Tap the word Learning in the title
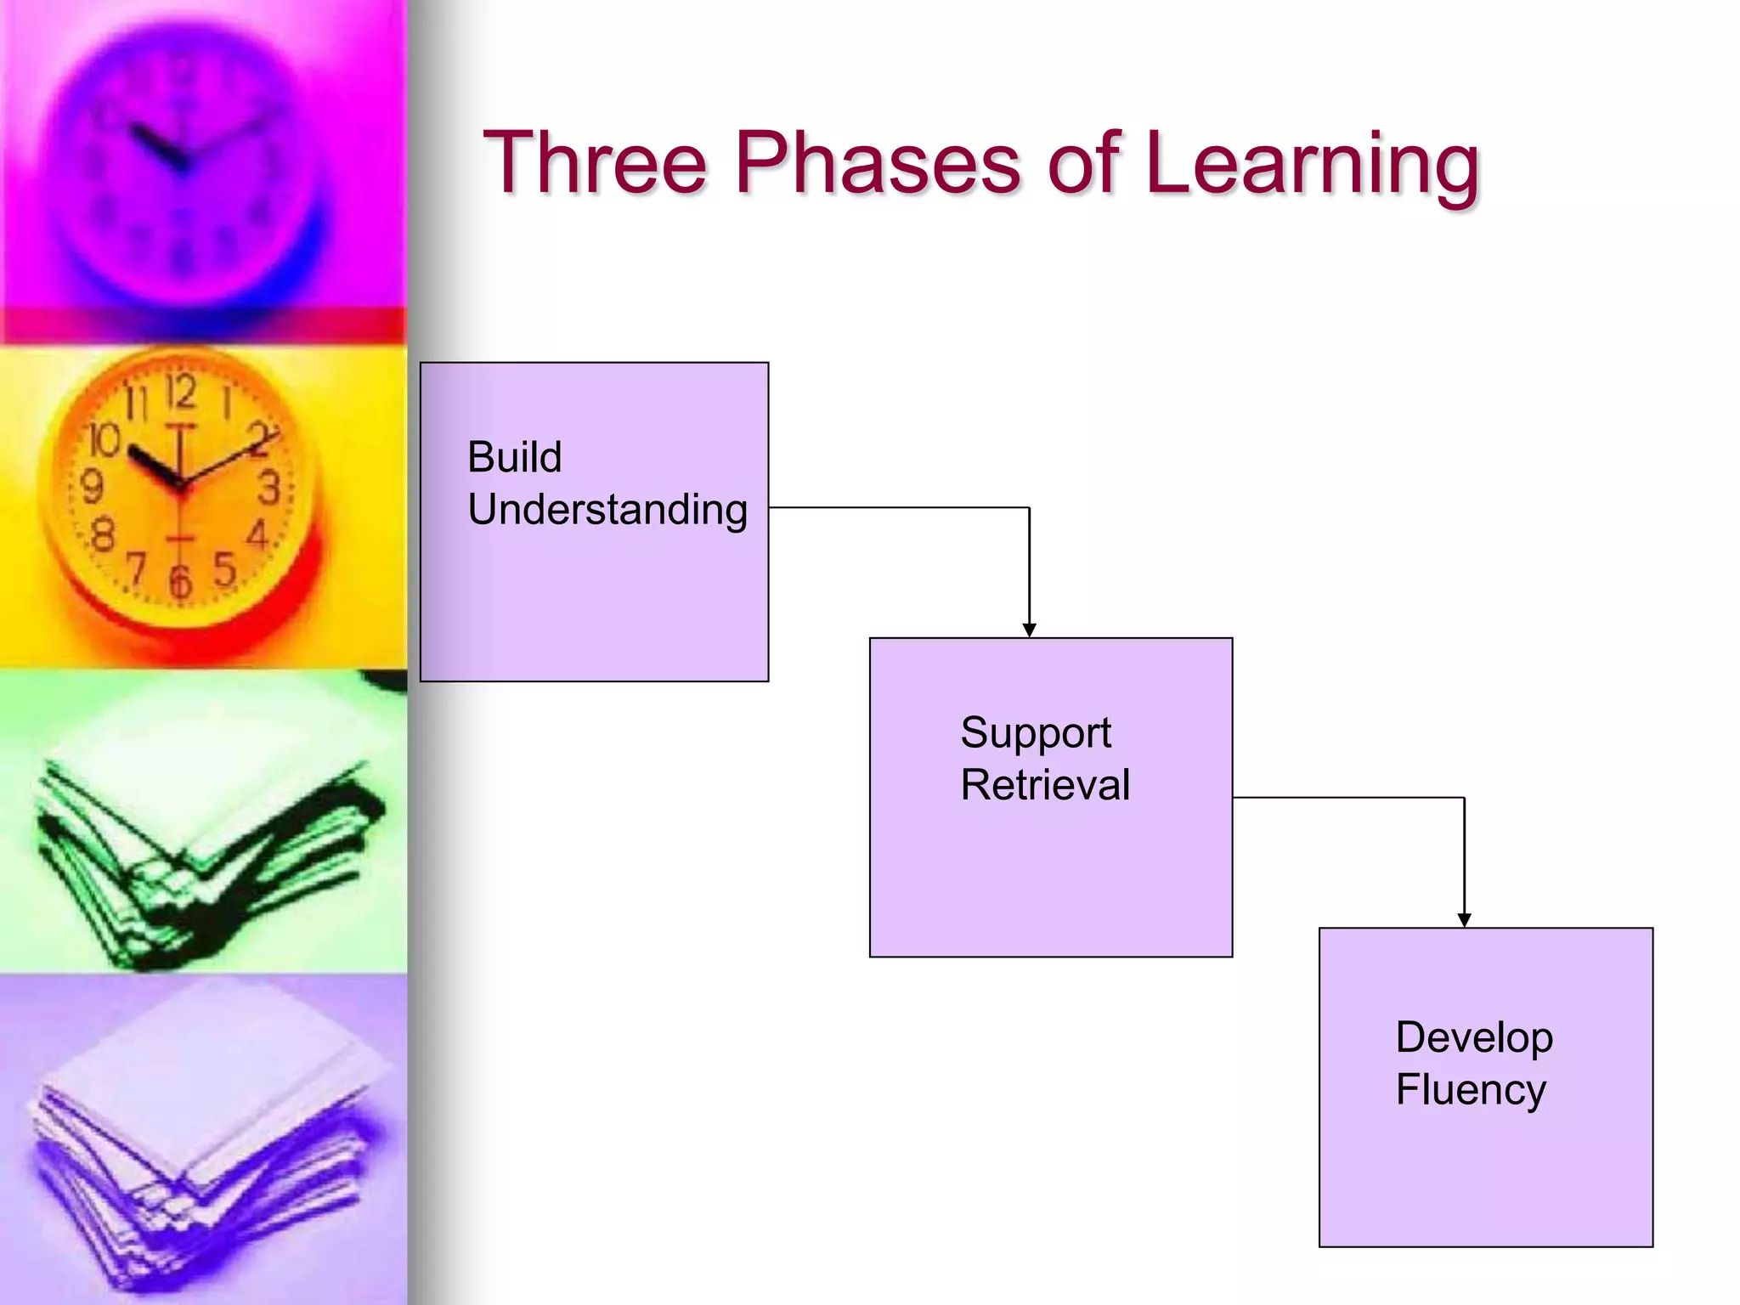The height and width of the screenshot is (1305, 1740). pyautogui.click(x=1312, y=163)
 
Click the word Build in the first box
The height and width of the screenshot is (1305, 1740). pyautogui.click(x=515, y=457)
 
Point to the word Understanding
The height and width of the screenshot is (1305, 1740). pyautogui.click(x=607, y=511)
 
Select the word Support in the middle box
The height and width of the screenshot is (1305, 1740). pyautogui.click(x=1036, y=732)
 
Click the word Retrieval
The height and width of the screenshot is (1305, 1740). pyautogui.click(x=1045, y=784)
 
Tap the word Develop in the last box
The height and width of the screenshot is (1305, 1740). pyautogui.click(x=1474, y=1038)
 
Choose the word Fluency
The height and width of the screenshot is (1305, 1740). pyautogui.click(x=1471, y=1090)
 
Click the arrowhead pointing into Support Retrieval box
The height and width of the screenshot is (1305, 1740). pyautogui.click(x=1029, y=630)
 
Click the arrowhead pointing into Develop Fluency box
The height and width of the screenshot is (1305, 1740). pyautogui.click(x=1464, y=920)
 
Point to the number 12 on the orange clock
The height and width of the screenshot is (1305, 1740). pyautogui.click(x=180, y=393)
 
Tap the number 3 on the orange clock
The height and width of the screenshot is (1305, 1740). pyautogui.click(x=268, y=488)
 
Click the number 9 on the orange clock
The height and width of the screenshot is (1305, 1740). pyautogui.click(x=91, y=487)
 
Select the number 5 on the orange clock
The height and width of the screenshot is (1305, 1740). pyautogui.click(x=224, y=569)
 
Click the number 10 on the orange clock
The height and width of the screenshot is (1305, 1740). pyautogui.click(x=105, y=440)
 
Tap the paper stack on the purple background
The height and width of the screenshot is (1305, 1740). pyautogui.click(x=204, y=1138)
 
